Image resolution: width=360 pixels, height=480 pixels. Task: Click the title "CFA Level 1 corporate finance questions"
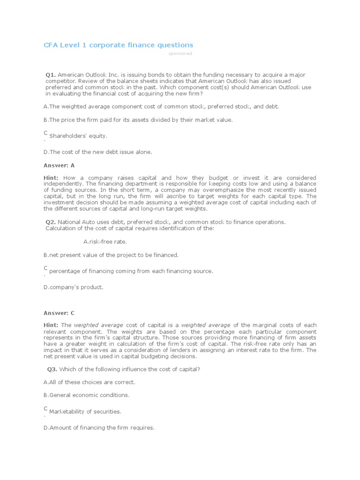[x=118, y=45]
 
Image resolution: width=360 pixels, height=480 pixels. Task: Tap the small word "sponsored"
[x=180, y=53]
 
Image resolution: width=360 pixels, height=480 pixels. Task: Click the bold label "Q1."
[x=51, y=75]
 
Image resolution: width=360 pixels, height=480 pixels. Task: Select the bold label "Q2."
[x=51, y=222]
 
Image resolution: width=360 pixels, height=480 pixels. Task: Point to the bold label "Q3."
[x=52, y=369]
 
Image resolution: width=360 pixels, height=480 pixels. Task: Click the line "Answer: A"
[x=59, y=165]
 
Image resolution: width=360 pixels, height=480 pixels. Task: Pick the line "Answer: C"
[x=59, y=313]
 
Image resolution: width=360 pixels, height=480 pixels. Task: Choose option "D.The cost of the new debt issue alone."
[x=97, y=152]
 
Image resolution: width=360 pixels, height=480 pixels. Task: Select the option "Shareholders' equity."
[x=78, y=136]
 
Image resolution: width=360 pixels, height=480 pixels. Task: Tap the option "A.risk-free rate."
[x=105, y=242]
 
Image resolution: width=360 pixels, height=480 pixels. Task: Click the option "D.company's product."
[x=74, y=287]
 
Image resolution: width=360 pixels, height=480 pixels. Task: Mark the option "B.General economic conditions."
[x=86, y=395]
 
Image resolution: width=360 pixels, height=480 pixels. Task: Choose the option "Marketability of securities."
[x=85, y=412]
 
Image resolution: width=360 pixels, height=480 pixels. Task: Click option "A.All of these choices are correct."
[x=89, y=382]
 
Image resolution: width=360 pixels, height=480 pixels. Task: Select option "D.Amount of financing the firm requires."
[x=99, y=427]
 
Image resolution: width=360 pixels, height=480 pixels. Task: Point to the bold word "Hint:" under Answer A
[x=51, y=178]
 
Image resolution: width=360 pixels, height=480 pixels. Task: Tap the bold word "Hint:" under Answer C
[x=51, y=325]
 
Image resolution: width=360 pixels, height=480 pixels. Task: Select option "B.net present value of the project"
[x=111, y=255]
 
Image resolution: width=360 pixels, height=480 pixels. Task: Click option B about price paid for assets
[x=138, y=120]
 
